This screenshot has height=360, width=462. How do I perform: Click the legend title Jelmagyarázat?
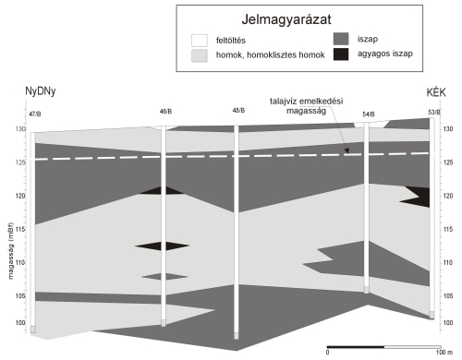[x=286, y=19]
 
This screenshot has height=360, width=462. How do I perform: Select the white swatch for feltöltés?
[x=200, y=41]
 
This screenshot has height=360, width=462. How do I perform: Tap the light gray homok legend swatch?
[x=200, y=55]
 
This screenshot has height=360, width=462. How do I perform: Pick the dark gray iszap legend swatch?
[x=341, y=39]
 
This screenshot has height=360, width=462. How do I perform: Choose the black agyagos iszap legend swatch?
[x=341, y=54]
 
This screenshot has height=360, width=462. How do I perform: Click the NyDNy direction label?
[x=41, y=91]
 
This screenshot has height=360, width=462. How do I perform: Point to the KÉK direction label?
[x=436, y=92]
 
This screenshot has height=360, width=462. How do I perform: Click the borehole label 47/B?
[x=35, y=114]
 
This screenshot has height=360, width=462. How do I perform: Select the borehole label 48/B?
[x=238, y=111]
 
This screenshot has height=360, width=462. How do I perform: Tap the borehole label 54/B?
[x=369, y=114]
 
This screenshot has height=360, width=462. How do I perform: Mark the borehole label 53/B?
[x=434, y=113]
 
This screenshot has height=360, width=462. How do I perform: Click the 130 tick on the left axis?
[x=20, y=129]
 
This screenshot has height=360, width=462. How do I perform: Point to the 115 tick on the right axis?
[x=448, y=229]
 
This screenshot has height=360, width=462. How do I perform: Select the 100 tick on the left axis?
[x=20, y=323]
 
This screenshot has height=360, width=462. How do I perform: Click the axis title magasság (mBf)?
[x=11, y=251]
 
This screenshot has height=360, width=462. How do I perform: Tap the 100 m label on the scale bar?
[x=444, y=353]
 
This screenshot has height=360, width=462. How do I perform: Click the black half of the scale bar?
[x=356, y=347]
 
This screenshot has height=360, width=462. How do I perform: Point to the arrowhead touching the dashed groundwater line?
[x=346, y=150]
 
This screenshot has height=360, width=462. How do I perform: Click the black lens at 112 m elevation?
[x=162, y=246]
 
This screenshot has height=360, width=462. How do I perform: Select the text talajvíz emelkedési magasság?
[x=307, y=106]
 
